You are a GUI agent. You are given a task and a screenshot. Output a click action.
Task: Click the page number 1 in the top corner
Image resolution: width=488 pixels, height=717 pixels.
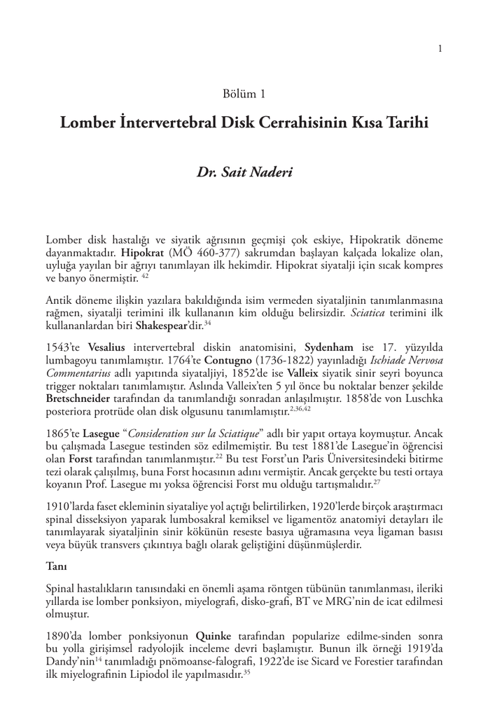[440, 48]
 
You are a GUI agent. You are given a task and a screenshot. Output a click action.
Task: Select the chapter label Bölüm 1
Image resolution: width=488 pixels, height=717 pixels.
[243, 93]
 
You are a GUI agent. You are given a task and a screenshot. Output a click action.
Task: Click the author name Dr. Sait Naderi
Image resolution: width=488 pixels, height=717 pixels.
[243, 172]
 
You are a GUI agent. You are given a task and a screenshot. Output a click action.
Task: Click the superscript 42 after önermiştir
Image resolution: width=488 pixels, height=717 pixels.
[144, 276]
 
